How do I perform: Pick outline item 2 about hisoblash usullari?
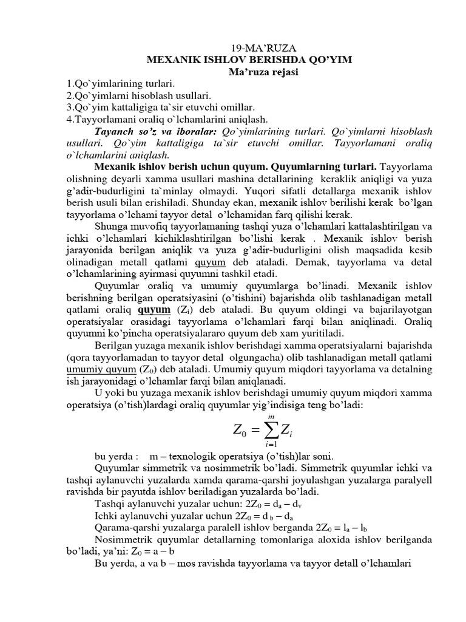point(138,95)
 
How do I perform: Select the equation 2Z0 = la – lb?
point(329,527)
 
